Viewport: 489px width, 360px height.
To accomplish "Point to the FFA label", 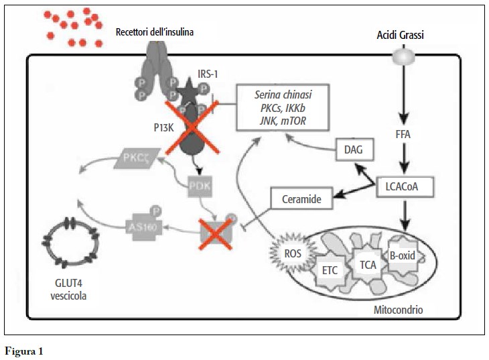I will tap(403, 134).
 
